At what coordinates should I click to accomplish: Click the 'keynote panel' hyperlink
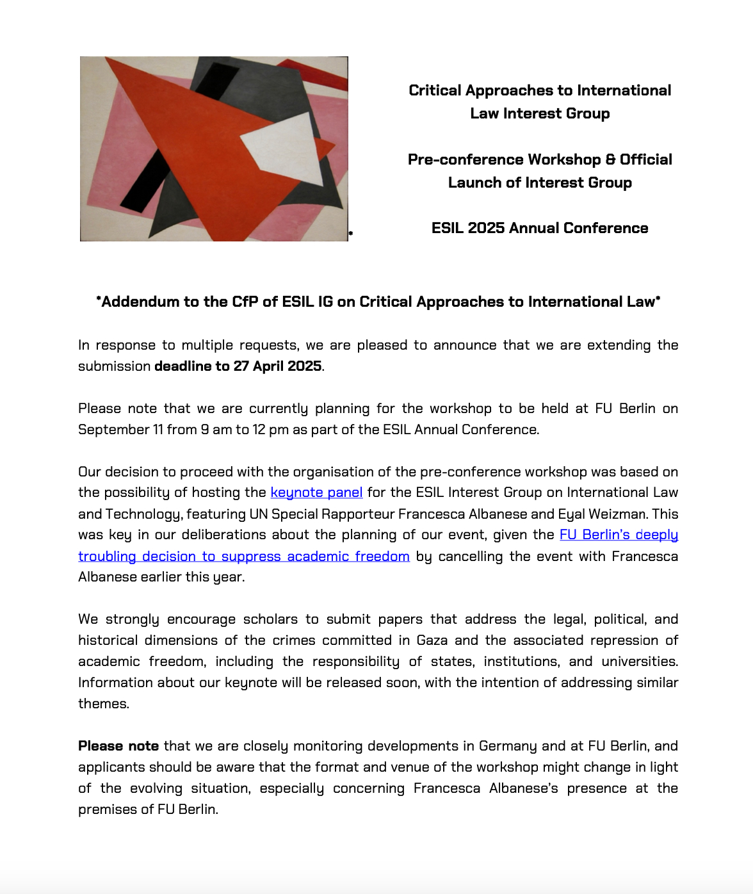click(x=316, y=492)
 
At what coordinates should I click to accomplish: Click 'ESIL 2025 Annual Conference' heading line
click(x=540, y=228)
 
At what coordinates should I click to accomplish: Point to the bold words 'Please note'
click(x=118, y=746)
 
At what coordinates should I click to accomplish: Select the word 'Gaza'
click(x=432, y=640)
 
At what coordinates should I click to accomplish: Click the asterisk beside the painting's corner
click(x=351, y=234)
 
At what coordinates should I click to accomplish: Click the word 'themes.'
click(x=104, y=704)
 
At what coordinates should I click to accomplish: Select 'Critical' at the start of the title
click(x=435, y=90)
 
